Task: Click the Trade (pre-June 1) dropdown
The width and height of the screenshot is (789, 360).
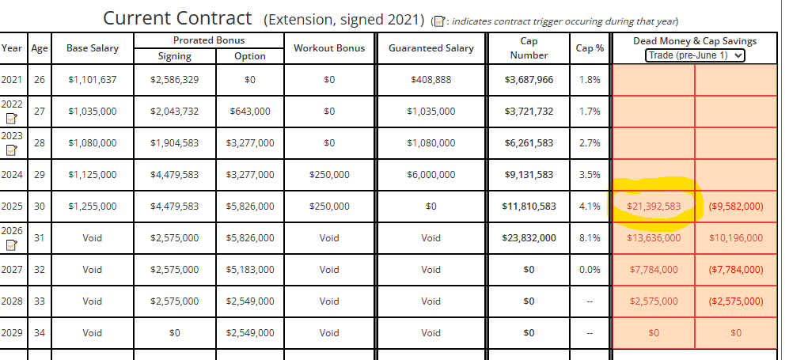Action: click(695, 55)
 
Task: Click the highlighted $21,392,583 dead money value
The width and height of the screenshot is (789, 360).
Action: click(654, 206)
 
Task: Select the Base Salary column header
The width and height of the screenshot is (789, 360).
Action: click(93, 48)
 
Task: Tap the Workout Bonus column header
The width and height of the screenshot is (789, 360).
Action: click(329, 48)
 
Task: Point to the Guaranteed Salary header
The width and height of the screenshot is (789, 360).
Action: click(431, 48)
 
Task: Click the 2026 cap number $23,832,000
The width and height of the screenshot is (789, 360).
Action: click(529, 237)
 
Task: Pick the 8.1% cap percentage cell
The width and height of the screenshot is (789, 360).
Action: click(590, 237)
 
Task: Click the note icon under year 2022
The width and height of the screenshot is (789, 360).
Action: click(12, 119)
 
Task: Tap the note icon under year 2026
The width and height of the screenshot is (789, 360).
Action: click(12, 246)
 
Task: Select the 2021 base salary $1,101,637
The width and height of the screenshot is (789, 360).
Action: click(93, 80)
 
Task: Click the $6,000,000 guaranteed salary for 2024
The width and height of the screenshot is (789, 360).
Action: click(431, 175)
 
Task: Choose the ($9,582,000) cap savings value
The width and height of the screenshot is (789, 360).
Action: click(736, 206)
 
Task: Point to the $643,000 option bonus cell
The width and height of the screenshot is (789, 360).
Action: click(250, 112)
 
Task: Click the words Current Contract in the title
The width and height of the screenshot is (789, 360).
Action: click(177, 17)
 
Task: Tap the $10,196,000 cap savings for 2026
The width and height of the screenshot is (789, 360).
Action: click(736, 237)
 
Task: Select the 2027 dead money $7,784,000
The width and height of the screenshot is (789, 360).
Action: click(654, 270)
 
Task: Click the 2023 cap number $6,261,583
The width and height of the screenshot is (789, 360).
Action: click(529, 143)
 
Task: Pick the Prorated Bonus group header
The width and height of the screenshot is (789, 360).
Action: click(208, 40)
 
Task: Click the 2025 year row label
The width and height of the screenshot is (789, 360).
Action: click(13, 207)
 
